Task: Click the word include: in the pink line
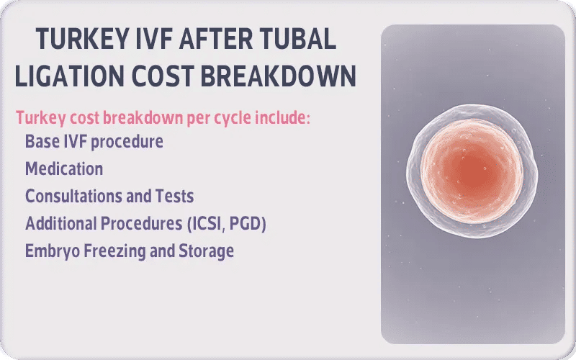coord(283,117)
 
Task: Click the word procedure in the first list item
coord(126,142)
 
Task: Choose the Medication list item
coord(64,169)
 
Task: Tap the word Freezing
coord(109,251)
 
